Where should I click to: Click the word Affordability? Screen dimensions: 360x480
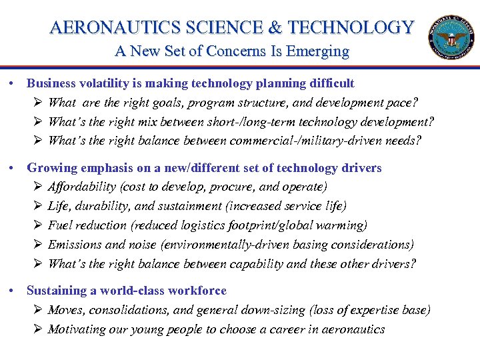click(x=85, y=187)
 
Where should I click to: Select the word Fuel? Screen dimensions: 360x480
click(x=59, y=226)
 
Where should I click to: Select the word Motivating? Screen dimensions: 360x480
click(x=76, y=329)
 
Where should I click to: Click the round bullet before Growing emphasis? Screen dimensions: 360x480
click(x=14, y=168)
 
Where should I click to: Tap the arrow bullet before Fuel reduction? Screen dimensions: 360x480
click(x=38, y=226)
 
